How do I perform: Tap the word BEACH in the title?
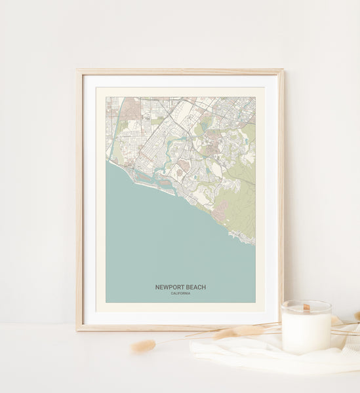point(195,287)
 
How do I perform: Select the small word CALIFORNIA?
point(180,293)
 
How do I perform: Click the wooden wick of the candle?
point(306,307)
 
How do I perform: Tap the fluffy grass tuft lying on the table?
point(144,345)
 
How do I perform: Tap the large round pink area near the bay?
point(184,166)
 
